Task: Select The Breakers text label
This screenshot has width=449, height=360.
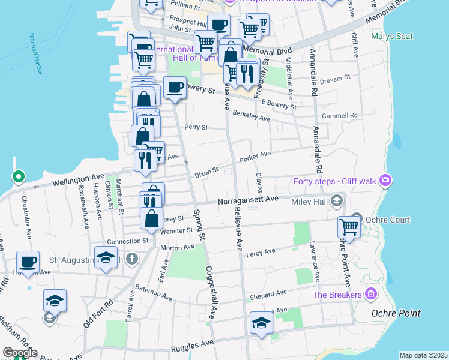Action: (x=337, y=295)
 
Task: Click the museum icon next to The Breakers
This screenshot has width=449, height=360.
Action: (x=371, y=294)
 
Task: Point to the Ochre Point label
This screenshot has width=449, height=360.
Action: (x=396, y=313)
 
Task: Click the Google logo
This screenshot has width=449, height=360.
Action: (x=20, y=353)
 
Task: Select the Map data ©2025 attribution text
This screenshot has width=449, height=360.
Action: (x=423, y=355)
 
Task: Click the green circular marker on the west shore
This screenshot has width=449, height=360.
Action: (x=19, y=177)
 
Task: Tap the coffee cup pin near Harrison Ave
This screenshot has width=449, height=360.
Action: (x=28, y=262)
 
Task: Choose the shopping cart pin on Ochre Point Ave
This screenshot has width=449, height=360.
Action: (x=349, y=227)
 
